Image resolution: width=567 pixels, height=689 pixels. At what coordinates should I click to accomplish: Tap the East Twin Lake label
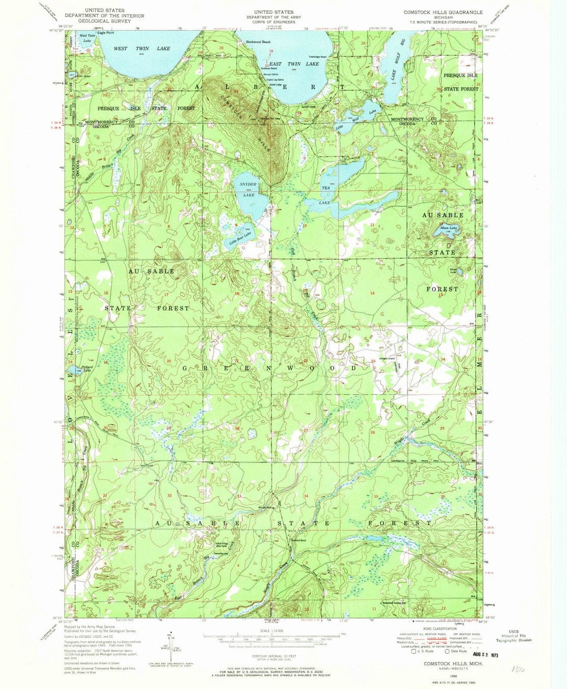(x=294, y=64)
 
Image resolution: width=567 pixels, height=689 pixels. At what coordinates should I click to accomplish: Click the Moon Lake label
(x=448, y=228)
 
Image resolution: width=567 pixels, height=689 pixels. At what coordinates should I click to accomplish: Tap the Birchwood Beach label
(x=255, y=41)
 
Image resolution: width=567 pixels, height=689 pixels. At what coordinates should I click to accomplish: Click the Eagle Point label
(x=105, y=33)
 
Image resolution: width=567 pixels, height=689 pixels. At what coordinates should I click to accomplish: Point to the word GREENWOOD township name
(x=269, y=368)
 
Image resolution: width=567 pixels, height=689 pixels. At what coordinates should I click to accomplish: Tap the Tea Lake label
(x=326, y=195)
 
